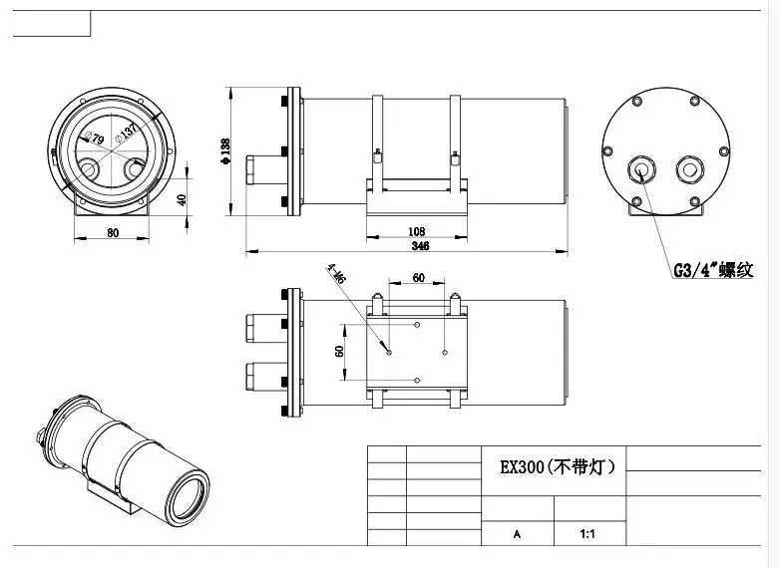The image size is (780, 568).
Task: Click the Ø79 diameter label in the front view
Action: click(98, 139)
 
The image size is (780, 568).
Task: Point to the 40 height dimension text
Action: click(182, 198)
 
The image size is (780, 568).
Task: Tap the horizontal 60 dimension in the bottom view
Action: click(418, 278)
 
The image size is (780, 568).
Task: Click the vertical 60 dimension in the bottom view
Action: click(339, 351)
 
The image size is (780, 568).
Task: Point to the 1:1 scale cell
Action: click(588, 534)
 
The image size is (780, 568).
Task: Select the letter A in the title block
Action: click(516, 534)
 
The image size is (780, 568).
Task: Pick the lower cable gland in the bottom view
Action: click(263, 377)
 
